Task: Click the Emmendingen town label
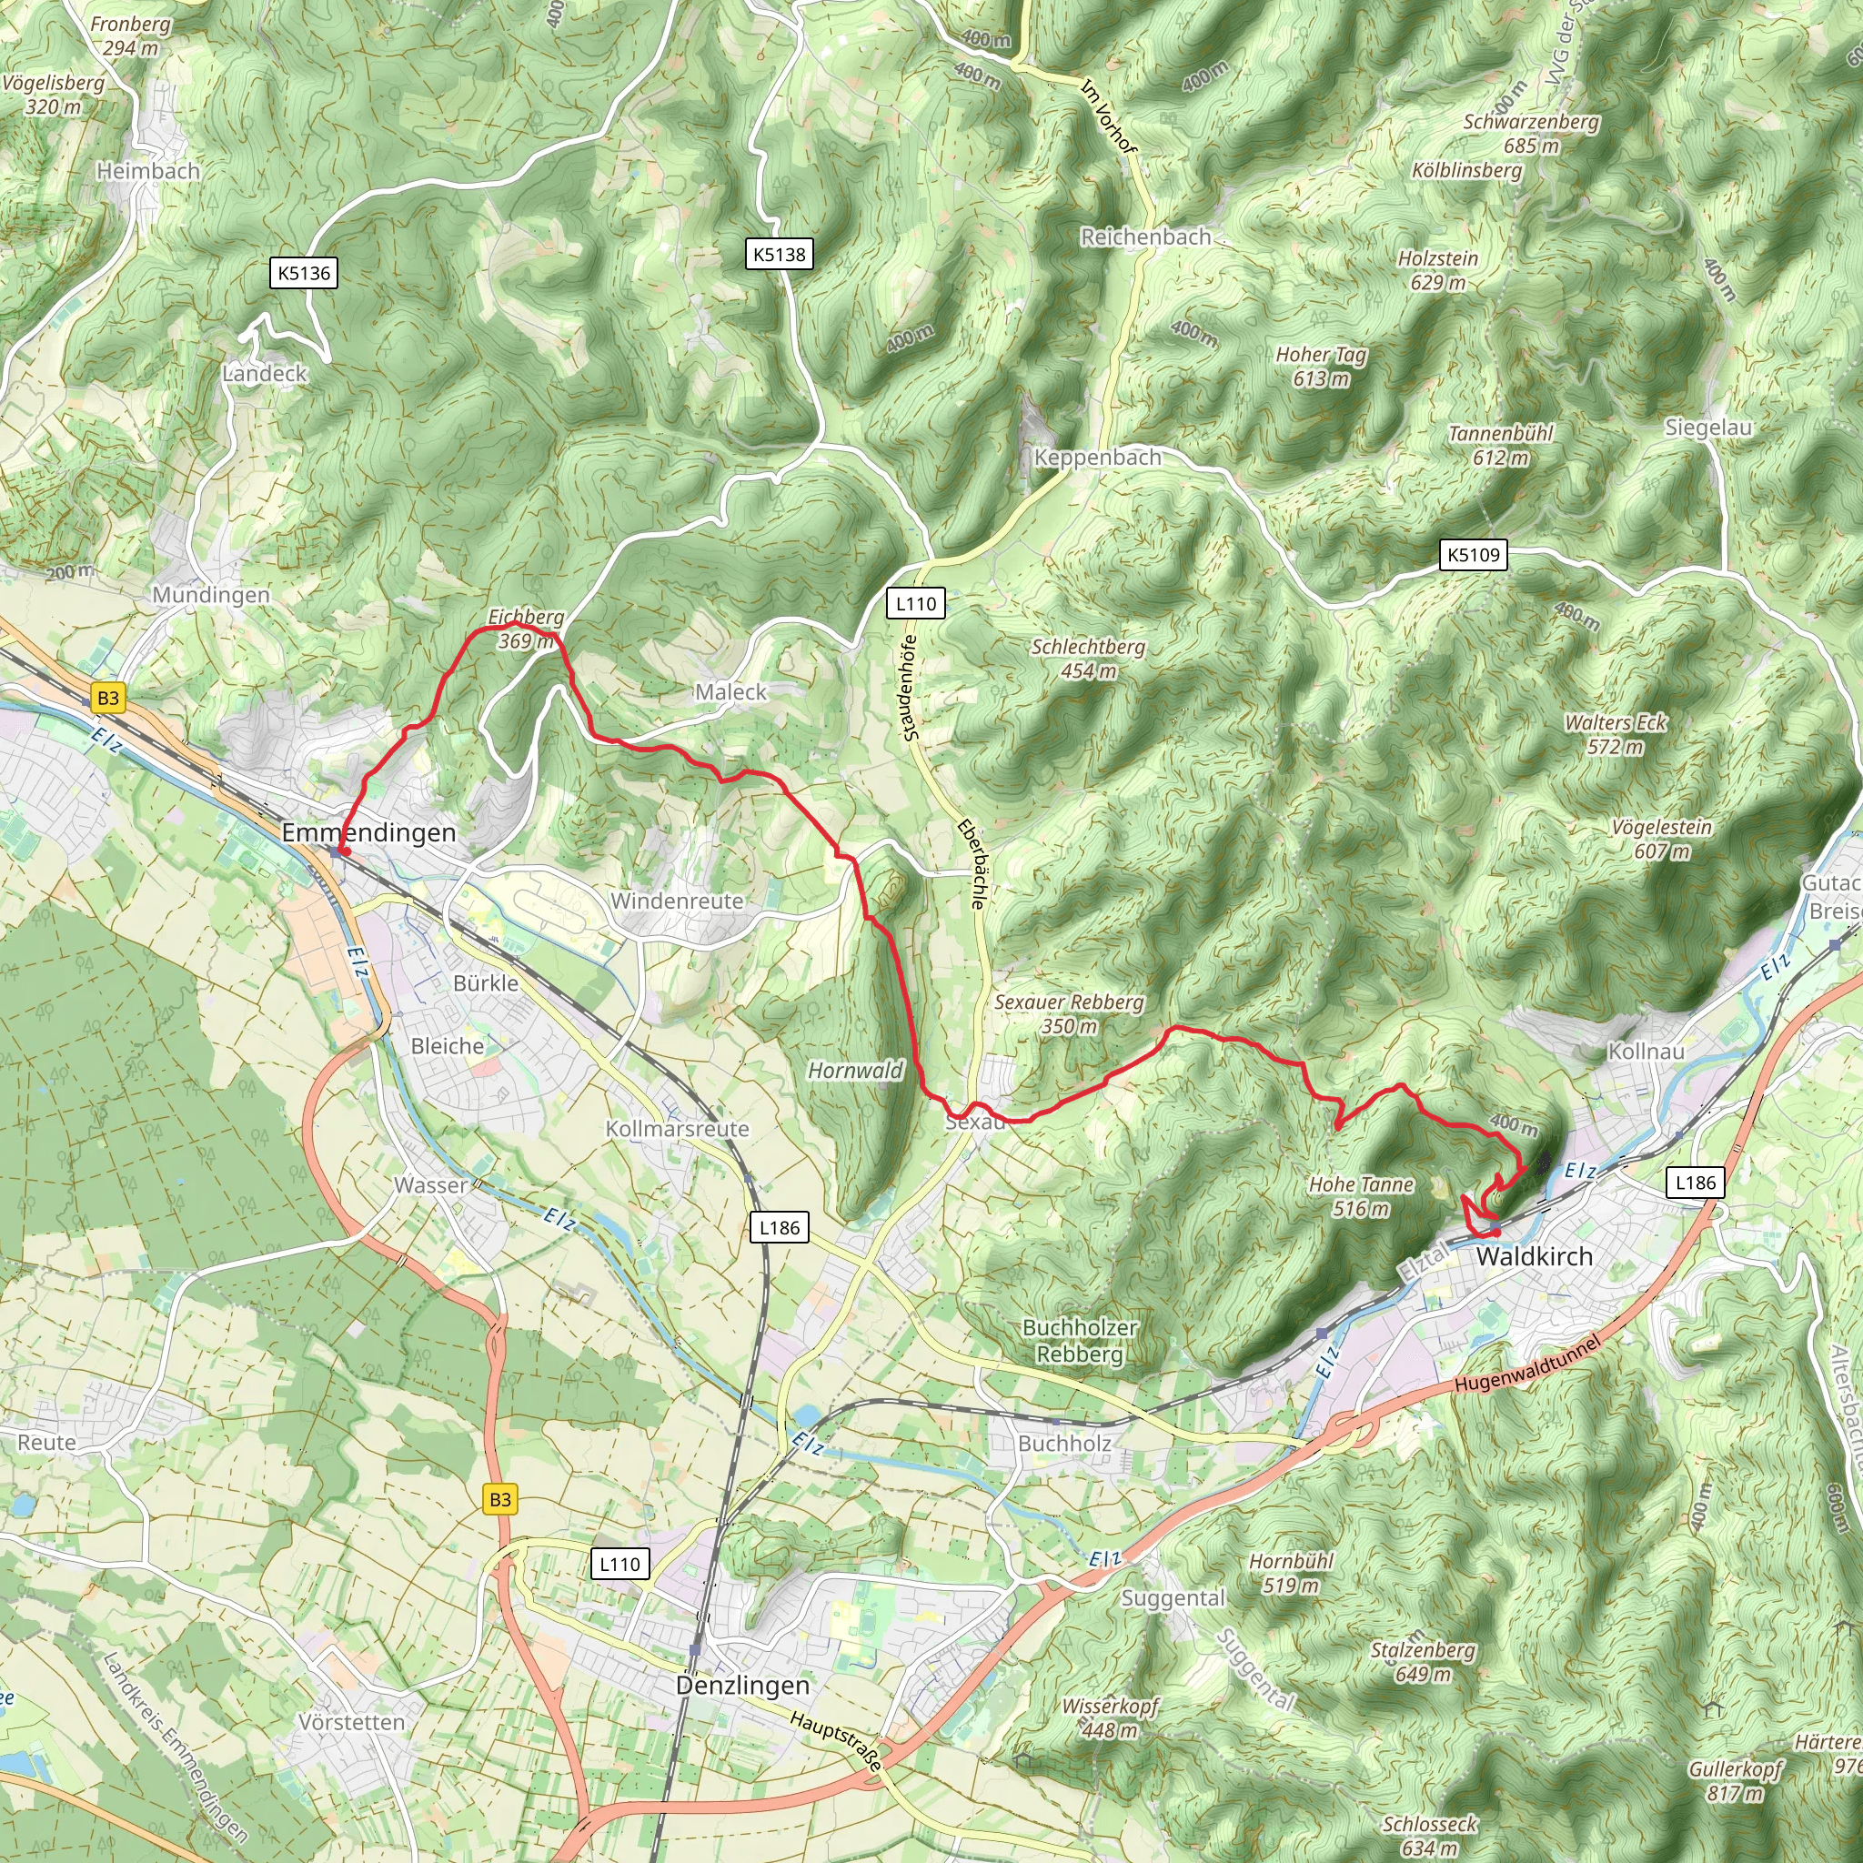(x=368, y=832)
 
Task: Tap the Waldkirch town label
(x=1535, y=1256)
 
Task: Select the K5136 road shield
(x=304, y=273)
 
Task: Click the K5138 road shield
(x=780, y=255)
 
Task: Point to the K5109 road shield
(x=1474, y=555)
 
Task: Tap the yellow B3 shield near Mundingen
(x=108, y=698)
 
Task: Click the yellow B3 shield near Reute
(x=499, y=1499)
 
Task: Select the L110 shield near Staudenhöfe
(x=915, y=604)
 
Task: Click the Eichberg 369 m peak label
(x=526, y=628)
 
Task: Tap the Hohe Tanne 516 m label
(x=1361, y=1195)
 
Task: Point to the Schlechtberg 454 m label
(x=1088, y=659)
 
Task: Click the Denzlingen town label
(x=742, y=1685)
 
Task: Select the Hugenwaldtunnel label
(x=1527, y=1364)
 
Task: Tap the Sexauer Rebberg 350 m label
(x=1069, y=1013)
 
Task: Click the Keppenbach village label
(x=1097, y=457)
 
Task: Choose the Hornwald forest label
(x=855, y=1071)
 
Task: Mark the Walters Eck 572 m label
(x=1616, y=734)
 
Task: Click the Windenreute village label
(x=677, y=901)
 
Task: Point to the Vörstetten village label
(x=351, y=1721)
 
